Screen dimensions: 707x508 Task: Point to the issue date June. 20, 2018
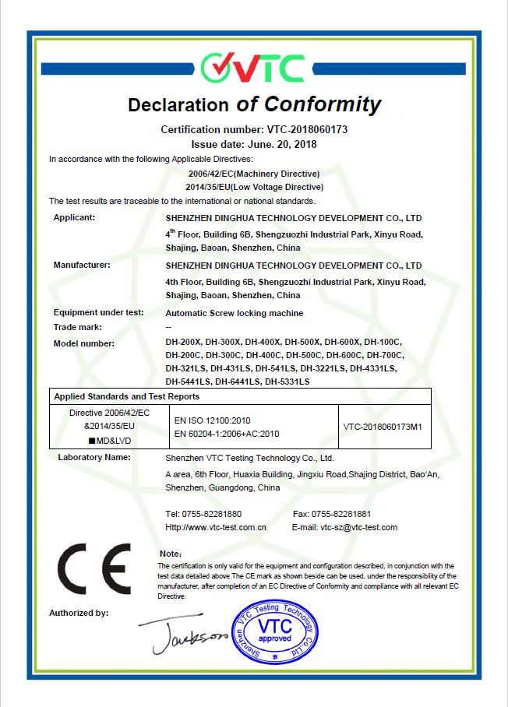pos(277,144)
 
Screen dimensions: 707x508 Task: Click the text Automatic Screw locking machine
pos(235,313)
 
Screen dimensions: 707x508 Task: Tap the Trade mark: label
pos(77,327)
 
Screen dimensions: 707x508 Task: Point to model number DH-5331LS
pos(288,382)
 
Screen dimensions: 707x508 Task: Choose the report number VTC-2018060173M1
pos(387,426)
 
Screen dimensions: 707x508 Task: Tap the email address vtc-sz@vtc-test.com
pos(358,527)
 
